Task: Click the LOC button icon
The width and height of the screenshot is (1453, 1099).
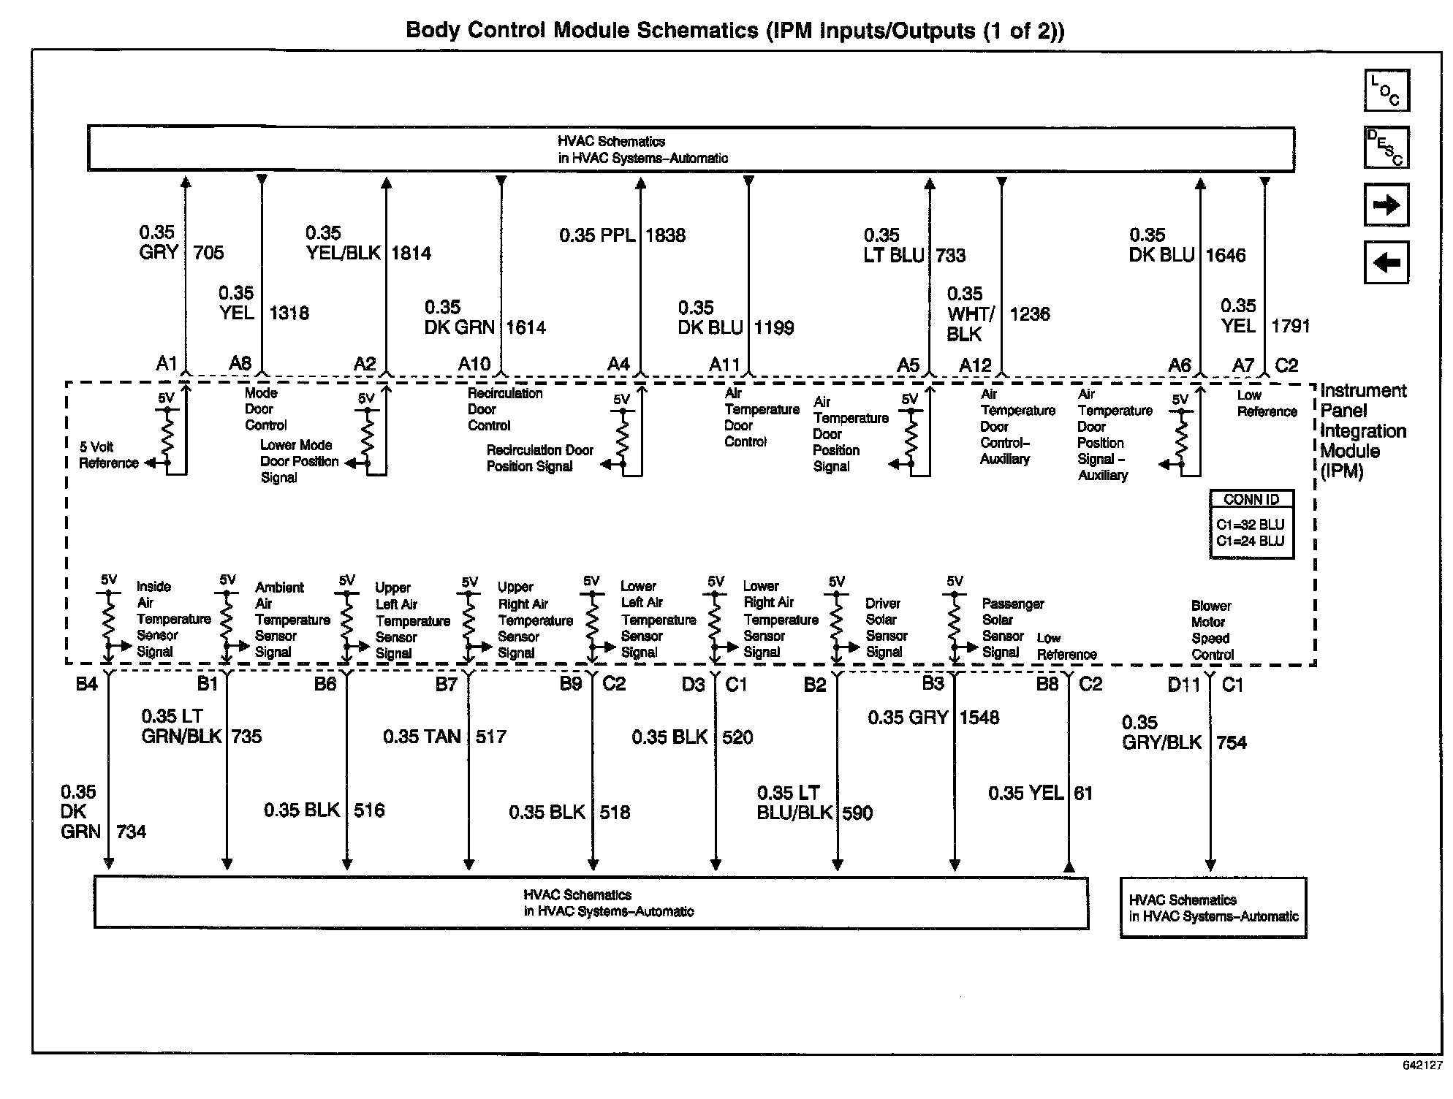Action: pos(1386,91)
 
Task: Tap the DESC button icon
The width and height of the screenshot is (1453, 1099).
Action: pos(1386,148)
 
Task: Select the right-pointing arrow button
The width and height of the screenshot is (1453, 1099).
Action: pos(1386,205)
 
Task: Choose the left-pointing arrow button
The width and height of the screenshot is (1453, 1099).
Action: pos(1386,262)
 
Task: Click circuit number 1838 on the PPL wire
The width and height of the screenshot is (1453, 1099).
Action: pos(665,235)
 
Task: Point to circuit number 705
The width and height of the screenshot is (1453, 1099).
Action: pos(208,253)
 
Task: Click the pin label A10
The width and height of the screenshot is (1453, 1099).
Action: pos(474,364)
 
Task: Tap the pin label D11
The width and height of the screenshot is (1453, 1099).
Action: pos(1184,685)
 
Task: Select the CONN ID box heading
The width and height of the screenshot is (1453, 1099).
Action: pos(1251,500)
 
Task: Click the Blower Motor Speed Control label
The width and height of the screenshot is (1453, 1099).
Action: pos(1213,630)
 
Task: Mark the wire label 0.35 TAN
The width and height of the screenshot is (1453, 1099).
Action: pos(422,737)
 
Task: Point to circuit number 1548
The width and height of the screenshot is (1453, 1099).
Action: pos(979,718)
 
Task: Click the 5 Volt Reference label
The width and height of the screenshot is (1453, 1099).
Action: pos(108,455)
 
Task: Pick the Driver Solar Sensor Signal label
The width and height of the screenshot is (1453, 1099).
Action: pos(886,628)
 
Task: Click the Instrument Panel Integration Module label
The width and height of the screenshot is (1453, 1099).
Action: pos(1362,431)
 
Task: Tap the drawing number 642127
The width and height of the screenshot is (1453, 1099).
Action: pos(1422,1086)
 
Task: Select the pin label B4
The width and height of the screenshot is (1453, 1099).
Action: pos(86,684)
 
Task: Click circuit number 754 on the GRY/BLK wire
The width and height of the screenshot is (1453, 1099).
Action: pos(1231,742)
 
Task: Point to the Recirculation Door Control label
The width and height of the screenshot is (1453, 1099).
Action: pos(504,409)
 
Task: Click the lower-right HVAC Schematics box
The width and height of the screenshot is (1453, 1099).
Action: pos(1213,908)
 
